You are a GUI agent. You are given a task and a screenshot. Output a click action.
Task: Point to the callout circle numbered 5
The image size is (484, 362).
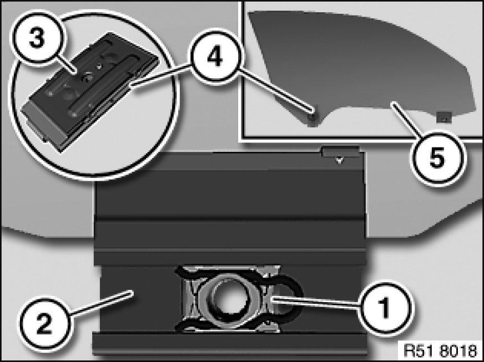(x=437, y=158)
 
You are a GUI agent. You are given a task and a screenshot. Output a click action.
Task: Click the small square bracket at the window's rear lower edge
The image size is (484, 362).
(x=445, y=117)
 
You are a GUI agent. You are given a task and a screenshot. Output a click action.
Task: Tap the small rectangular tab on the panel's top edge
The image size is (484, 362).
(x=340, y=152)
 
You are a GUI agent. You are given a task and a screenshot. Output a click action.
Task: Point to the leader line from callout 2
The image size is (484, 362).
(x=101, y=303)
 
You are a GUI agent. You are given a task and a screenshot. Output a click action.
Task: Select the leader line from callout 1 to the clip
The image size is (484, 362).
(x=315, y=302)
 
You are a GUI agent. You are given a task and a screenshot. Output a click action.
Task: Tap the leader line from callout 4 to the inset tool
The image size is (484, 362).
(x=161, y=75)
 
